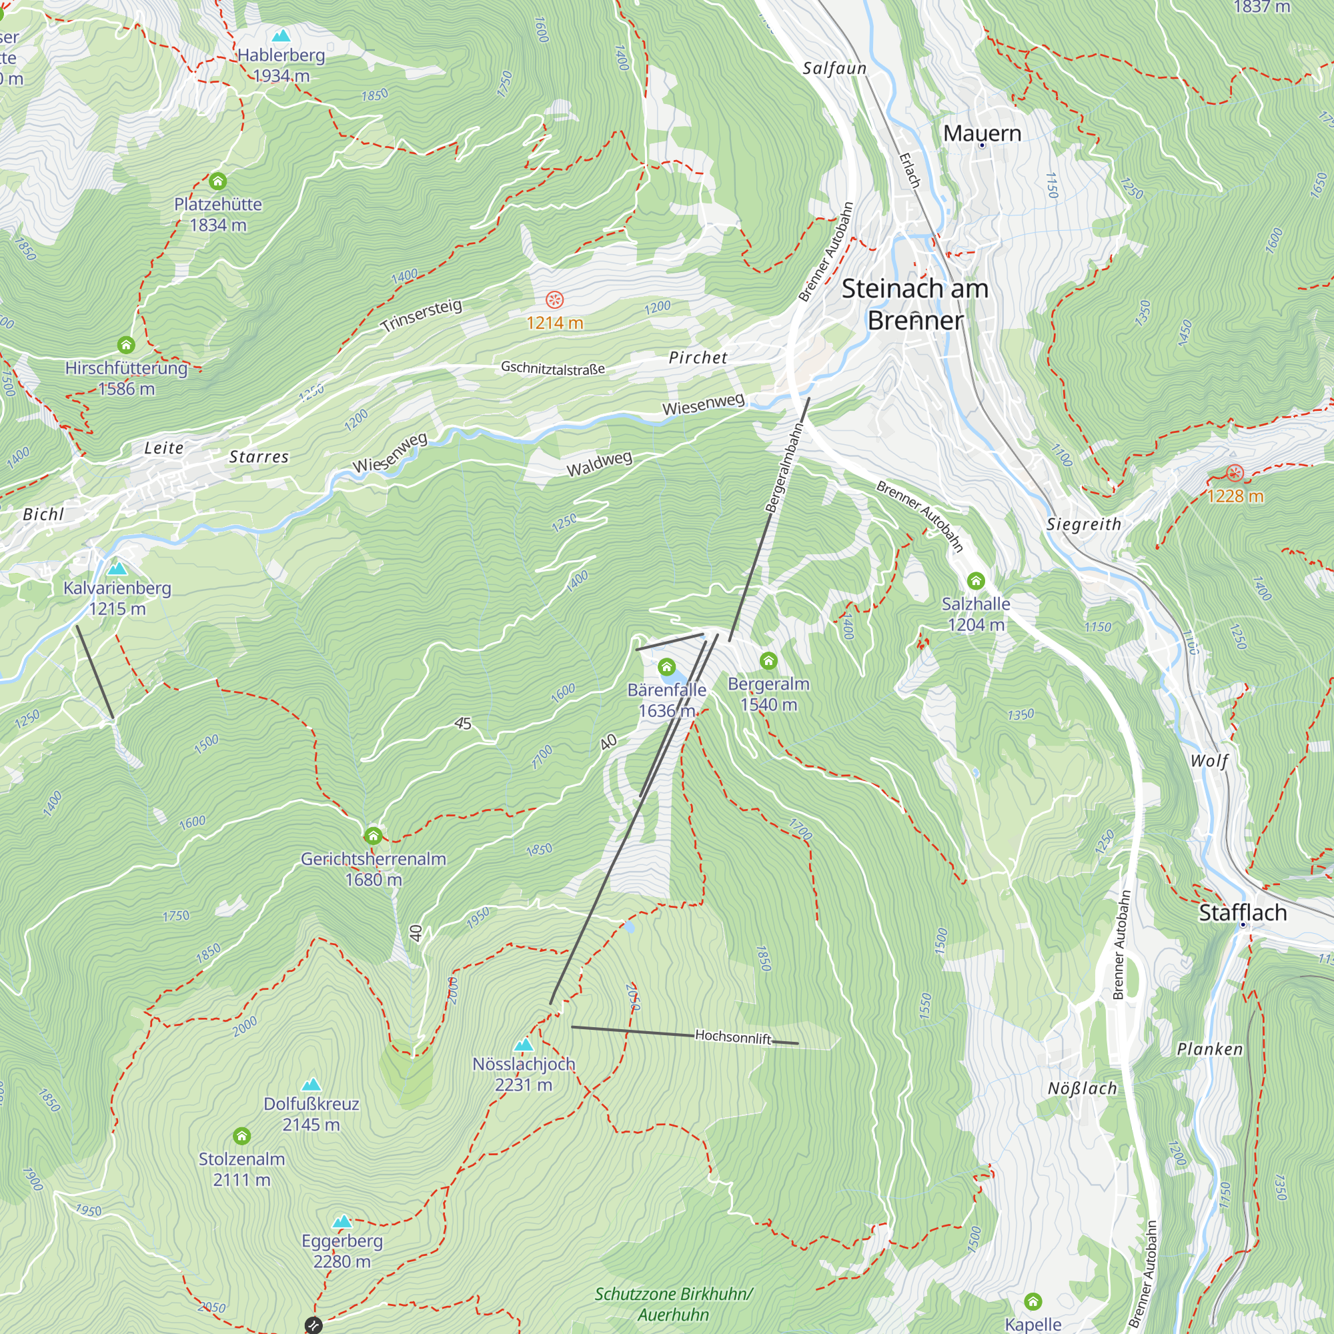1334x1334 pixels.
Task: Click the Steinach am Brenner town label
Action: click(915, 305)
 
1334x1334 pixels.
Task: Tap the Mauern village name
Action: click(982, 133)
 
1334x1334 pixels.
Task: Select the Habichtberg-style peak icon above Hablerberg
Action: click(280, 36)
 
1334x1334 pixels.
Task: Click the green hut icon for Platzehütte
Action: click(218, 181)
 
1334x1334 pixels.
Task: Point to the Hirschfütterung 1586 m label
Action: click(126, 378)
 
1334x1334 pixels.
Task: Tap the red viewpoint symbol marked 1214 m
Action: click(554, 299)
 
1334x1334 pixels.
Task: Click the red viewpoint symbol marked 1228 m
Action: click(1235, 473)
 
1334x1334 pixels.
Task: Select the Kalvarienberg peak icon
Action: click(117, 569)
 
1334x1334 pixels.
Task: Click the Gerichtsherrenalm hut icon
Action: click(374, 836)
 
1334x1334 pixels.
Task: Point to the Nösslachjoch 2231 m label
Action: click(524, 1074)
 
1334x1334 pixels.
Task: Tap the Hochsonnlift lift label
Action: click(732, 1037)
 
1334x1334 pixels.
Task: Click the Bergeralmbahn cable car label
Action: click(785, 468)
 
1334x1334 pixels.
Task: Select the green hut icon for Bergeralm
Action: click(768, 662)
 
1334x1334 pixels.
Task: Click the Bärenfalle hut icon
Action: click(666, 667)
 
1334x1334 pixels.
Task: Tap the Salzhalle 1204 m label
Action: click(976, 614)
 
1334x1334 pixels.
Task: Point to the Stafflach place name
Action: click(1242, 913)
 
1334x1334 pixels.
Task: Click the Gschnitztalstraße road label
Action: click(552, 368)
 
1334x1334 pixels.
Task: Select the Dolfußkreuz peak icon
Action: click(311, 1085)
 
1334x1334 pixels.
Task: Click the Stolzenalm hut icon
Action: click(241, 1136)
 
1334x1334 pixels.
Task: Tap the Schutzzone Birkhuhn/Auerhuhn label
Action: click(673, 1303)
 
